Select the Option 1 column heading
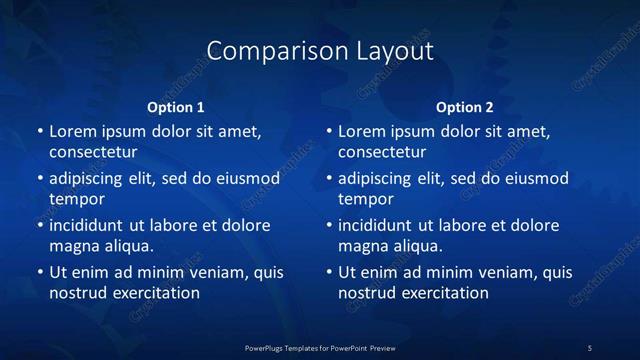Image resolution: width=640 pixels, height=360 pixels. point(176,107)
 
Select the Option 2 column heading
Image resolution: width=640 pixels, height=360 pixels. point(465,107)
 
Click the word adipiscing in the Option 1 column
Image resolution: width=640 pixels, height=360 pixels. point(90,179)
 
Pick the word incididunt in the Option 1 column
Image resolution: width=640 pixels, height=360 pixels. point(91,225)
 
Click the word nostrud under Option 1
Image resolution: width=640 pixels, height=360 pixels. point(77,293)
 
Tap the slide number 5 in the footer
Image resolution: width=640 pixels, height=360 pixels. point(590,347)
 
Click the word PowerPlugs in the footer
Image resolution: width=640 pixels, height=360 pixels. point(265,347)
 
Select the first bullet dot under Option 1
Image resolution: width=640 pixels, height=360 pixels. point(39,132)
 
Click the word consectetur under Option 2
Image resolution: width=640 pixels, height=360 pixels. point(383,152)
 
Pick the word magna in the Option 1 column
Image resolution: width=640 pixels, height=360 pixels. point(73,246)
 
